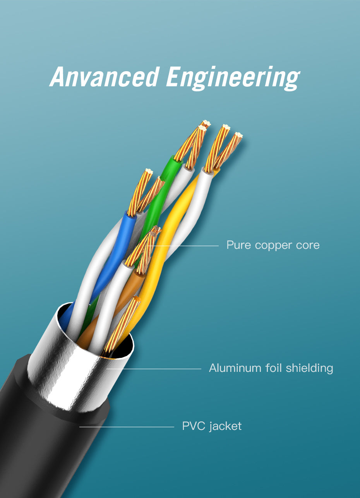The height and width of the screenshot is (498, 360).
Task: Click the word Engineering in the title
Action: (x=233, y=77)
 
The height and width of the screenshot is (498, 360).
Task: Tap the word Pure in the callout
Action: (x=238, y=245)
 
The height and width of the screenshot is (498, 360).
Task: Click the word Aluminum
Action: (x=235, y=368)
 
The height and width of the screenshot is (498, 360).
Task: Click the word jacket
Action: (x=225, y=426)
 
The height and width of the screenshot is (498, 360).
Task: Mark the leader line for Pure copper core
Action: (x=186, y=246)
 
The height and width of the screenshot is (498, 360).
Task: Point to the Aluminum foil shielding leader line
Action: (x=155, y=369)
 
